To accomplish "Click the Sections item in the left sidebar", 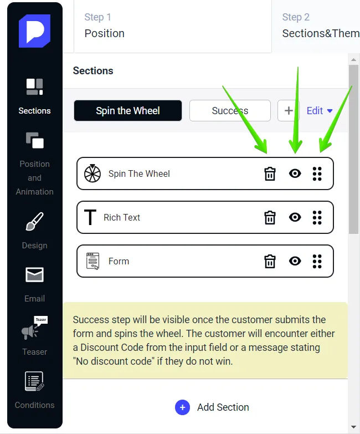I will click(x=34, y=96).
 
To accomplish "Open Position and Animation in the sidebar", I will click(x=34, y=164).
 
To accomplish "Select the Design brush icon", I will click(x=34, y=223).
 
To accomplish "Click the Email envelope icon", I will click(x=34, y=275).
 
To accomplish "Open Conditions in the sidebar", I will click(x=34, y=383).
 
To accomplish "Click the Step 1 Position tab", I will click(x=172, y=26).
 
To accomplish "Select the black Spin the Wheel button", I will click(x=128, y=111).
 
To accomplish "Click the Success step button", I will click(x=230, y=111).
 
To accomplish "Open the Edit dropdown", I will click(x=320, y=111).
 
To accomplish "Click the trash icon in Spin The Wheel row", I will click(x=270, y=173).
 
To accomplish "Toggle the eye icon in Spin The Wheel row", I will click(x=295, y=173).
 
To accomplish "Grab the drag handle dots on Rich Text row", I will click(x=317, y=217).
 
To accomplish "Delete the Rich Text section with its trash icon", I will click(x=270, y=217).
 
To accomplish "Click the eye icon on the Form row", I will click(x=295, y=261).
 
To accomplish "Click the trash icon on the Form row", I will click(x=270, y=261).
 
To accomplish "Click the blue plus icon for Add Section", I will click(x=182, y=407).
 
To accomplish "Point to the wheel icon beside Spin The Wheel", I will click(x=92, y=173).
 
